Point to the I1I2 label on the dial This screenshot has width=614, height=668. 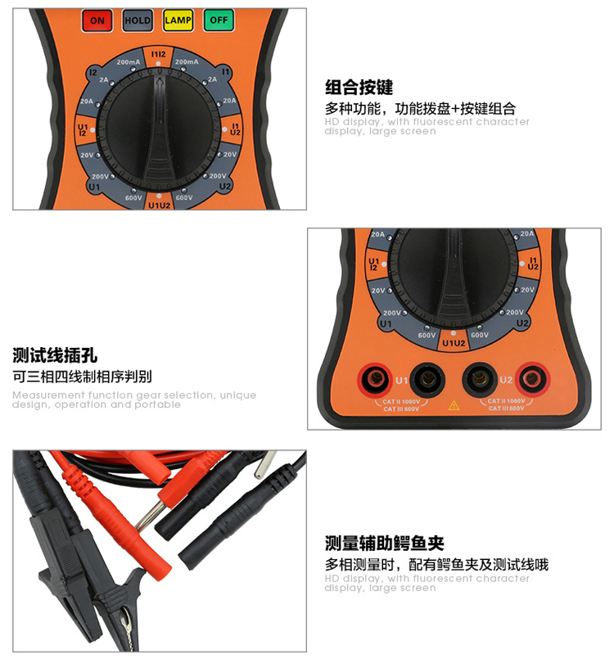tap(158, 55)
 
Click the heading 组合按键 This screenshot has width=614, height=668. tap(359, 88)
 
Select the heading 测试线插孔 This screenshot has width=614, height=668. tap(55, 355)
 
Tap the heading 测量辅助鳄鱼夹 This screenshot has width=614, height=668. tap(384, 544)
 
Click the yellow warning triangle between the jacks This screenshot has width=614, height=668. tap(453, 404)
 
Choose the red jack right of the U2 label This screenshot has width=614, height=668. tap(532, 378)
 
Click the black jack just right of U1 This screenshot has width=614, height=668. tap(427, 379)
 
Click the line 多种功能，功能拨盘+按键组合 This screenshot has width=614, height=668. tap(420, 109)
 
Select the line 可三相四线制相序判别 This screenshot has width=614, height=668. tap(82, 377)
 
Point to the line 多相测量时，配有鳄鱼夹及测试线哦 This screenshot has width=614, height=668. tap(436, 565)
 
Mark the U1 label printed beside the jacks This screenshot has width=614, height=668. tap(401, 381)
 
